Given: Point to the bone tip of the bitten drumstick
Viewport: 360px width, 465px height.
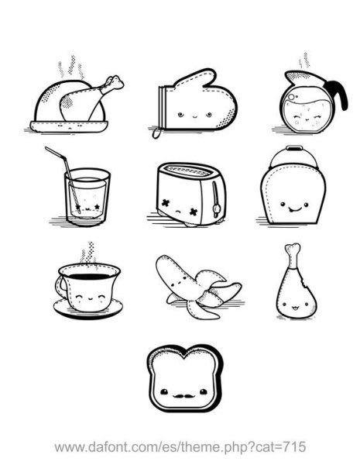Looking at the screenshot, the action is tap(293, 250).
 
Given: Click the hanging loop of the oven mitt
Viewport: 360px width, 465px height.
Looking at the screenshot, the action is tap(156, 133).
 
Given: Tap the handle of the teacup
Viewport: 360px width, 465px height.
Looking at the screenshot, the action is tap(60, 287).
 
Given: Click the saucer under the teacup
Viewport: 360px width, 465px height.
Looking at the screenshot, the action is tap(88, 309).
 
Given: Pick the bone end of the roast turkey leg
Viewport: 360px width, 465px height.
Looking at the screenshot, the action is tap(114, 83).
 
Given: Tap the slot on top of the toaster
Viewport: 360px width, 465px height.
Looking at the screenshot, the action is tap(188, 170).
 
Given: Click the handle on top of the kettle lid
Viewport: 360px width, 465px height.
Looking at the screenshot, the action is tap(294, 148).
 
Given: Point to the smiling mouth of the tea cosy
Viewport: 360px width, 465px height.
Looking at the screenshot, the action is tap(294, 209).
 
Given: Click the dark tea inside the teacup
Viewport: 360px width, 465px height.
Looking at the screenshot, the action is tap(89, 277).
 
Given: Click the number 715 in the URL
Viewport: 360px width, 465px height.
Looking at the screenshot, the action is tap(294, 446).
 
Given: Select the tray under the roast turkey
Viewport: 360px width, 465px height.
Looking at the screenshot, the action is tap(69, 126).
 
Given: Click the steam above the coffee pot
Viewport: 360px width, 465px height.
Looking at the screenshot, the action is tap(304, 60).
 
